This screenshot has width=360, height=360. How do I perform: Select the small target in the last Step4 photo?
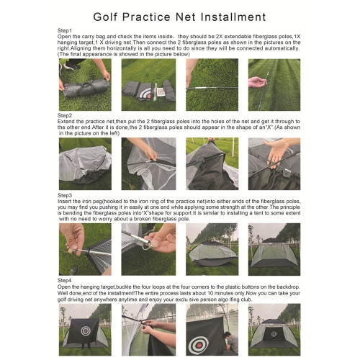coord(277,337)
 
